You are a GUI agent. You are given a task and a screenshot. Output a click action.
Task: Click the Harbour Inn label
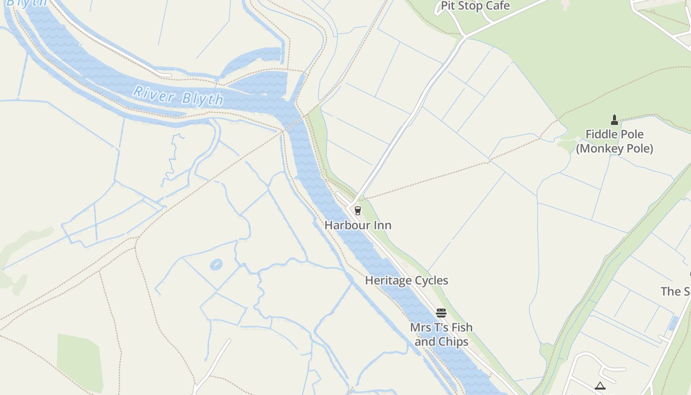[358, 225]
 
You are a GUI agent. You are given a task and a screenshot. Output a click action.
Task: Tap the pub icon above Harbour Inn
[358, 211]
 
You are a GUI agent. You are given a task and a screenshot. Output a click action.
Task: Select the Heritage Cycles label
[406, 280]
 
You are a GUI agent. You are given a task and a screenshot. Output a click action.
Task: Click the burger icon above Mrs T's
[441, 313]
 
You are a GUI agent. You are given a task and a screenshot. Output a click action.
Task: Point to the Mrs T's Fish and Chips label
[441, 334]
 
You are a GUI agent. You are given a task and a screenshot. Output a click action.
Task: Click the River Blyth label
[178, 95]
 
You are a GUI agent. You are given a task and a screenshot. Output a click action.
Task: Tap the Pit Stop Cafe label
[475, 6]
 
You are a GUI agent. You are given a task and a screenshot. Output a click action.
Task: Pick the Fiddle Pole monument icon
[614, 119]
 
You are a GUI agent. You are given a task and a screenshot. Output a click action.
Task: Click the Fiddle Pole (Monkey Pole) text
[614, 141]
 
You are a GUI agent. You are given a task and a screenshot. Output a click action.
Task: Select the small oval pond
[216, 265]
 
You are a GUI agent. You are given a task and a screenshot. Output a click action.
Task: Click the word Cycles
[428, 280]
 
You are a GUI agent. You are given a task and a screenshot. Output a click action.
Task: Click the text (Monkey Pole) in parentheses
[614, 149]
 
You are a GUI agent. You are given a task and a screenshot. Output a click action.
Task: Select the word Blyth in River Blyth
[202, 99]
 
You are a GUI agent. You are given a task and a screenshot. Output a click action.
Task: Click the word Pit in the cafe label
[447, 6]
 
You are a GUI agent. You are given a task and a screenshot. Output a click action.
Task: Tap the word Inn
[382, 225]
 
